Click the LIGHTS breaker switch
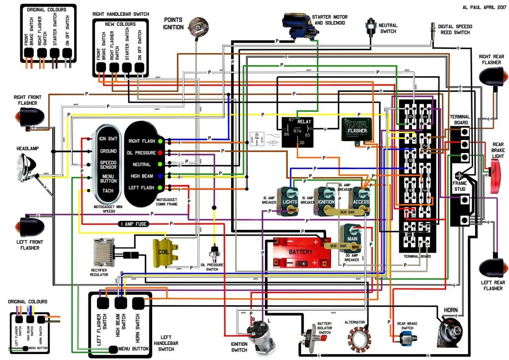pos(289,201)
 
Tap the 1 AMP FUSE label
pos(133,224)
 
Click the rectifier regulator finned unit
pos(104,253)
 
